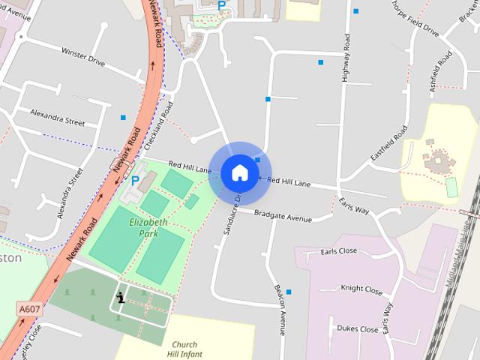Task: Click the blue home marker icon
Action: [239, 173]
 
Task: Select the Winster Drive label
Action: [83, 56]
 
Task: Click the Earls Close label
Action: [338, 252]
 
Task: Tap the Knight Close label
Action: [361, 288]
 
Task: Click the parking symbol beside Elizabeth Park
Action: [135, 181]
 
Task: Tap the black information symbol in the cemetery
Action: [120, 298]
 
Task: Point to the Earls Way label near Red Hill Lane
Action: [354, 207]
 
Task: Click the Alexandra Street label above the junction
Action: [58, 117]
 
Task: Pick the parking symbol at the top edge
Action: [221, 5]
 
